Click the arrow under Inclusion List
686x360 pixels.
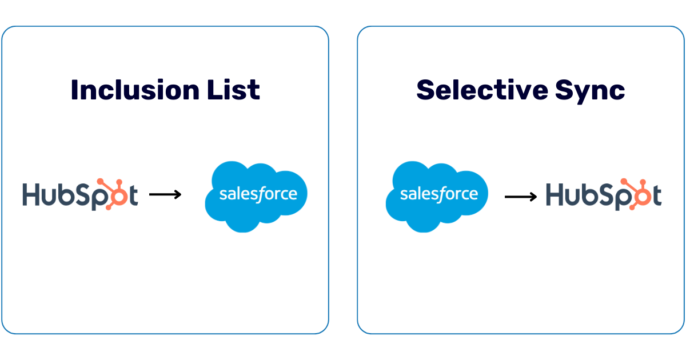[x=165, y=195]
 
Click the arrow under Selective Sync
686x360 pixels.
[x=521, y=197]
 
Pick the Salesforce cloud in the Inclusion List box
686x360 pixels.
[x=256, y=197]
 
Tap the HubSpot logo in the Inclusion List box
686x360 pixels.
[x=80, y=195]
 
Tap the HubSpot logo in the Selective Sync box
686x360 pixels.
[x=604, y=195]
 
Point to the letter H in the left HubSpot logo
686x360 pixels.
[x=32, y=195]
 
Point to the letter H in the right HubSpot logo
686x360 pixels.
[x=555, y=195]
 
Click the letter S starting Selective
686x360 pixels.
[x=426, y=90]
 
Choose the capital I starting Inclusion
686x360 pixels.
[x=75, y=90]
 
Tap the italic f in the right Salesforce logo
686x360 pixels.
[x=440, y=194]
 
